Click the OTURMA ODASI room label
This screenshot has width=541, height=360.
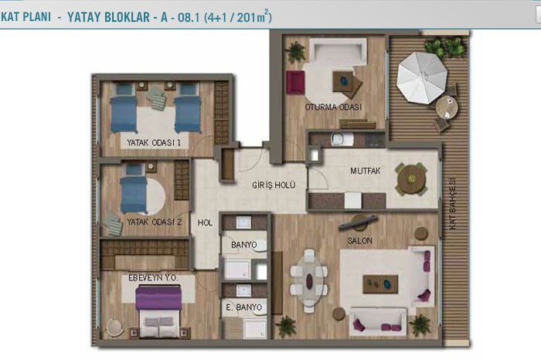click(333, 107)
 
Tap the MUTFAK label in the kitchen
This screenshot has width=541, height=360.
click(365, 171)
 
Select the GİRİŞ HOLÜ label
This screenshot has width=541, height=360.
click(274, 185)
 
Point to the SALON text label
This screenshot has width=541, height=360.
click(360, 241)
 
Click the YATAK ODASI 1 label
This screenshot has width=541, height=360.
click(154, 142)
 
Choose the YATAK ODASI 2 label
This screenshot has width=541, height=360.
click(155, 222)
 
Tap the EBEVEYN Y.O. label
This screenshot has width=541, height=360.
click(153, 277)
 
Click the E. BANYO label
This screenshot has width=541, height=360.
click(244, 307)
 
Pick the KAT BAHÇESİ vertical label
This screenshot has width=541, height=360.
click(453, 203)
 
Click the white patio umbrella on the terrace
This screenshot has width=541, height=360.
click(422, 77)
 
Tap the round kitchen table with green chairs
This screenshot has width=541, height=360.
click(411, 179)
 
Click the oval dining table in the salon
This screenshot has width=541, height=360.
click(309, 280)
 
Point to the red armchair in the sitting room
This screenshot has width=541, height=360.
click(295, 83)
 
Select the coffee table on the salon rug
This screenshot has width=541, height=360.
click(380, 284)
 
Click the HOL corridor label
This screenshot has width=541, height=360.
click(205, 222)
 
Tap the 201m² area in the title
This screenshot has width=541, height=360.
click(252, 16)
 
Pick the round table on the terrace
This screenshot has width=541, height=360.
click(447, 107)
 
